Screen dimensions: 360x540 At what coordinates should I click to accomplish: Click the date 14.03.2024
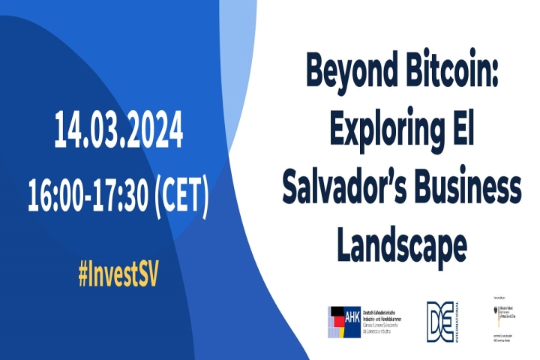118,131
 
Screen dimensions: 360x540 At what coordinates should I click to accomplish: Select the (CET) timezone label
181,193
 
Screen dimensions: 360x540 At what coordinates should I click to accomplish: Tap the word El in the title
464,130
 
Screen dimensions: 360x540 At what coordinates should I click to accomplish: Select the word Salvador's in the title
346,187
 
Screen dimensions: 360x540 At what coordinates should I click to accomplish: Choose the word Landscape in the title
402,244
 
